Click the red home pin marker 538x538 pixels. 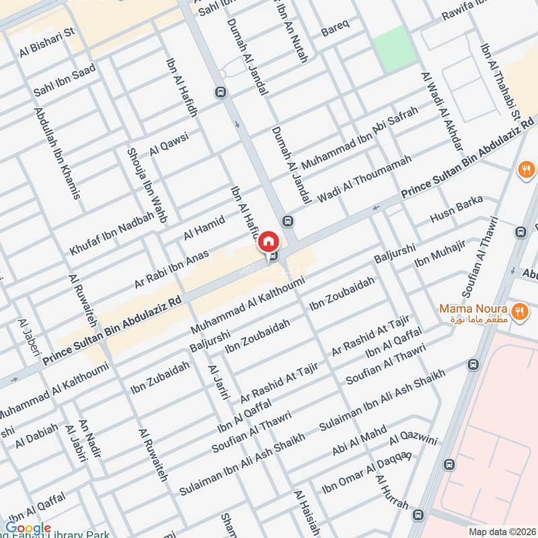[x=268, y=241]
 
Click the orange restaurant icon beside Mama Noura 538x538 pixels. [x=518, y=311]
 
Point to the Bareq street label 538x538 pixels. [x=335, y=31]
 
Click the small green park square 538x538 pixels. [x=395, y=48]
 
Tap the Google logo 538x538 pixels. [x=28, y=529]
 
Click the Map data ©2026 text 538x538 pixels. [x=501, y=531]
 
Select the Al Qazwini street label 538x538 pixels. [x=414, y=440]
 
